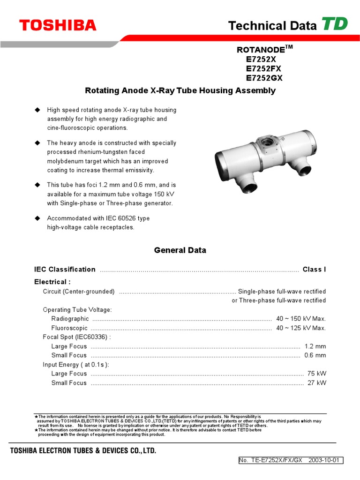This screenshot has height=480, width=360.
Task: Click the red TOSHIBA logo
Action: [58, 25]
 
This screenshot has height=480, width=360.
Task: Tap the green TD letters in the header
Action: [334, 24]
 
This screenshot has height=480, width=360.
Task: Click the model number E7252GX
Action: [264, 78]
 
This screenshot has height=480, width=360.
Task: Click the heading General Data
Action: [180, 250]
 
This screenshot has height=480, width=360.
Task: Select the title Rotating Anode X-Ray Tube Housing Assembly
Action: [180, 90]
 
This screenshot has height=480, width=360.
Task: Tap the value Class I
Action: [314, 270]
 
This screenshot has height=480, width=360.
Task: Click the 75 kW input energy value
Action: [316, 374]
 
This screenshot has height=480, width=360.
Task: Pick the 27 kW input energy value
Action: [316, 383]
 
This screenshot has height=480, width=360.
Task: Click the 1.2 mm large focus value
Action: [315, 346]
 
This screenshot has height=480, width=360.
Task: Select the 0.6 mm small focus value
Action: [315, 355]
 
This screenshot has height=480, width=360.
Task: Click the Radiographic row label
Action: [70, 319]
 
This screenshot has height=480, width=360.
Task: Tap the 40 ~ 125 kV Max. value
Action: [301, 328]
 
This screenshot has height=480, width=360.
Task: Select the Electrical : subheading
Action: [52, 282]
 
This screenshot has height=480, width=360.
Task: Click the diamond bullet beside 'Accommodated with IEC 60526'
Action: [38, 218]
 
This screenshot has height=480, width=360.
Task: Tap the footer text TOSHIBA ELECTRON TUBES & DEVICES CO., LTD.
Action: [83, 451]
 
